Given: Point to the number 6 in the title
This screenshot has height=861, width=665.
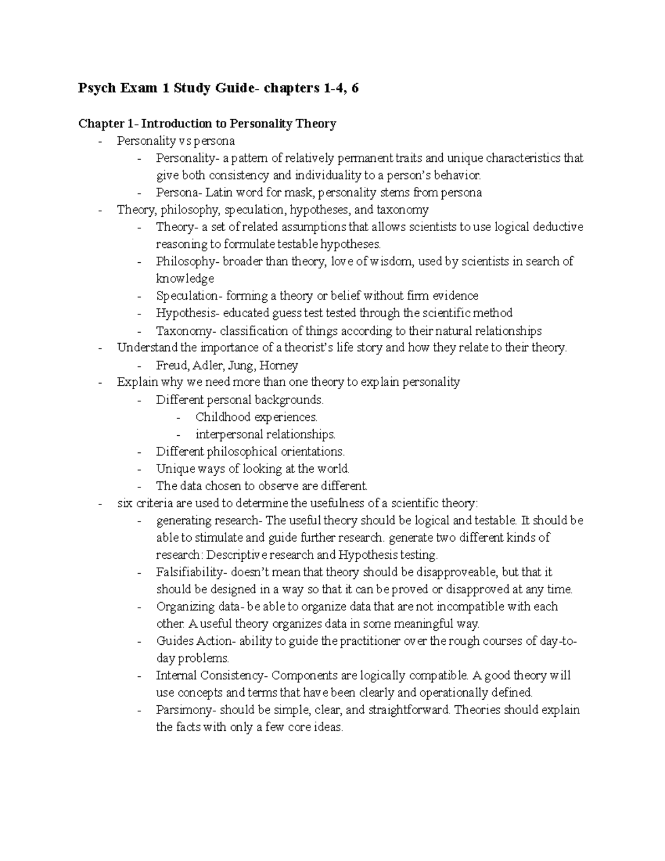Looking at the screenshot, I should [x=354, y=88].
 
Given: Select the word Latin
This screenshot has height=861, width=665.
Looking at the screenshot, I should [x=219, y=192].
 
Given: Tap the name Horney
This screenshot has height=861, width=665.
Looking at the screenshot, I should [x=279, y=365].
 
